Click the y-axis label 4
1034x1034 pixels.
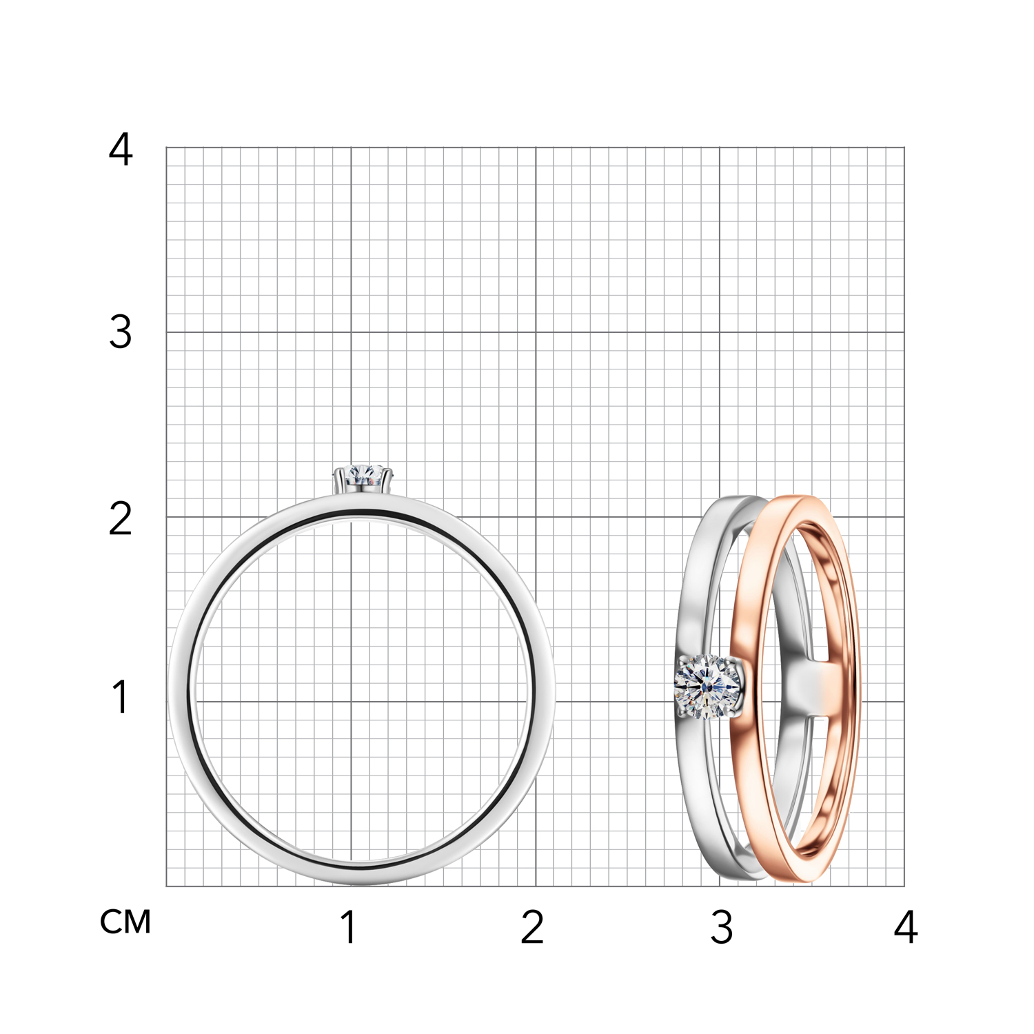[x=121, y=150]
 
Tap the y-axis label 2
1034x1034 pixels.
[x=121, y=518]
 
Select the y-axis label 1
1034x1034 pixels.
[x=121, y=696]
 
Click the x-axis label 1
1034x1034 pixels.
[x=349, y=927]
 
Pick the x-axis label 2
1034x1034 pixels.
[x=533, y=927]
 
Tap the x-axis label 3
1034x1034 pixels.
[x=722, y=927]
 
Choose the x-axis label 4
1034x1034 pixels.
[x=906, y=927]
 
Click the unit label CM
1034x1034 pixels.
[x=125, y=922]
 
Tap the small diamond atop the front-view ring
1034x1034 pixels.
[x=363, y=476]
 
